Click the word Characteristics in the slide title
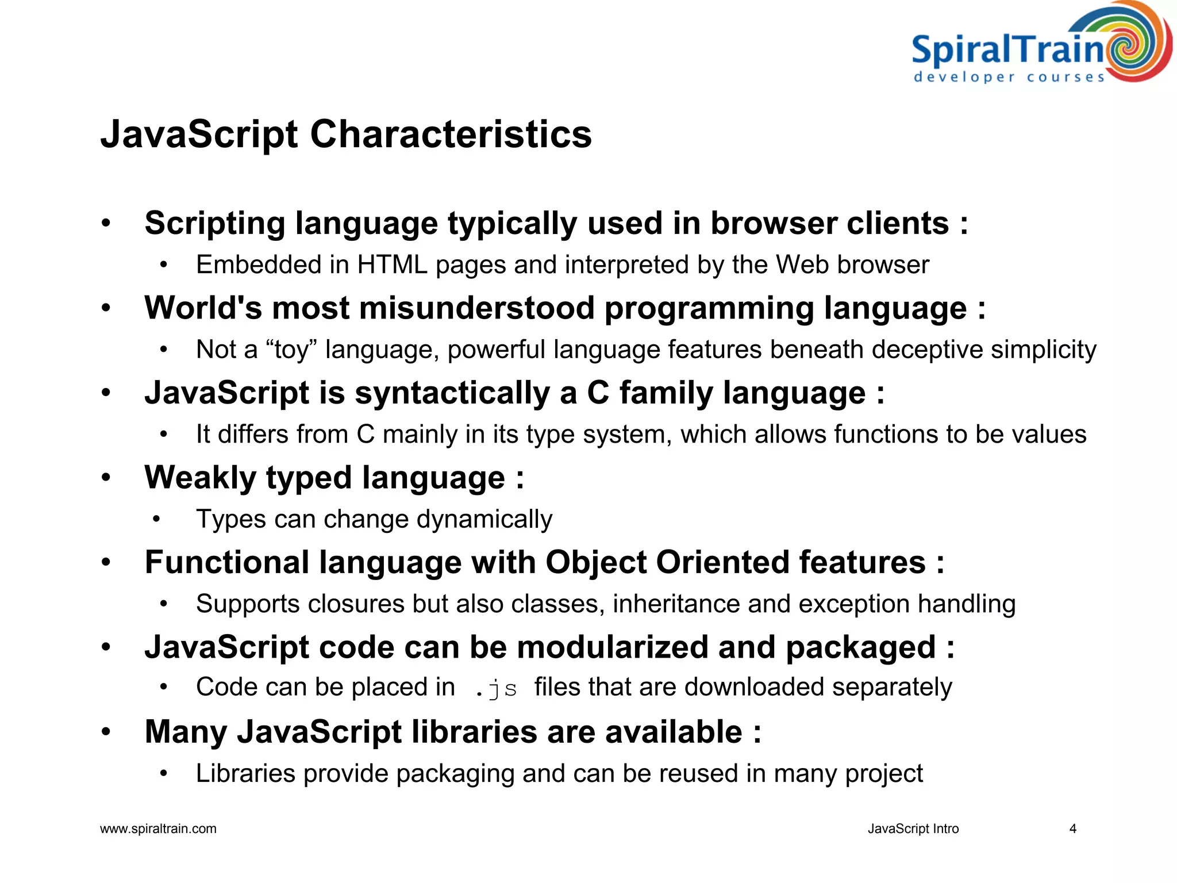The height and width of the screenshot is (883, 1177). pyautogui.click(x=451, y=135)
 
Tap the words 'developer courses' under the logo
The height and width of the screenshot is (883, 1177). pyautogui.click(x=1009, y=77)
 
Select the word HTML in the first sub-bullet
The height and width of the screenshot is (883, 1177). pyautogui.click(x=392, y=265)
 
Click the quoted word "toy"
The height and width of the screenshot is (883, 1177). pyautogui.click(x=292, y=350)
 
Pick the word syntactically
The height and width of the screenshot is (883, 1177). pyautogui.click(x=452, y=393)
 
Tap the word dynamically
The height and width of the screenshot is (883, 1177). pyautogui.click(x=484, y=520)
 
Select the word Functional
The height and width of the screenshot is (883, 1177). pyautogui.click(x=227, y=562)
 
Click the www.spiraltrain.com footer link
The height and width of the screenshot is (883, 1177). pyautogui.click(x=158, y=829)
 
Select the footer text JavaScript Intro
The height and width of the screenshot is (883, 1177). pyautogui.click(x=913, y=829)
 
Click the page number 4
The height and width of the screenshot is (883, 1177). pyautogui.click(x=1072, y=829)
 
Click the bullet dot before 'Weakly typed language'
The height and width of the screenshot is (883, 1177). pyautogui.click(x=106, y=478)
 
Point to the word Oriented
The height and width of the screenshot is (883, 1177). pyautogui.click(x=722, y=562)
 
